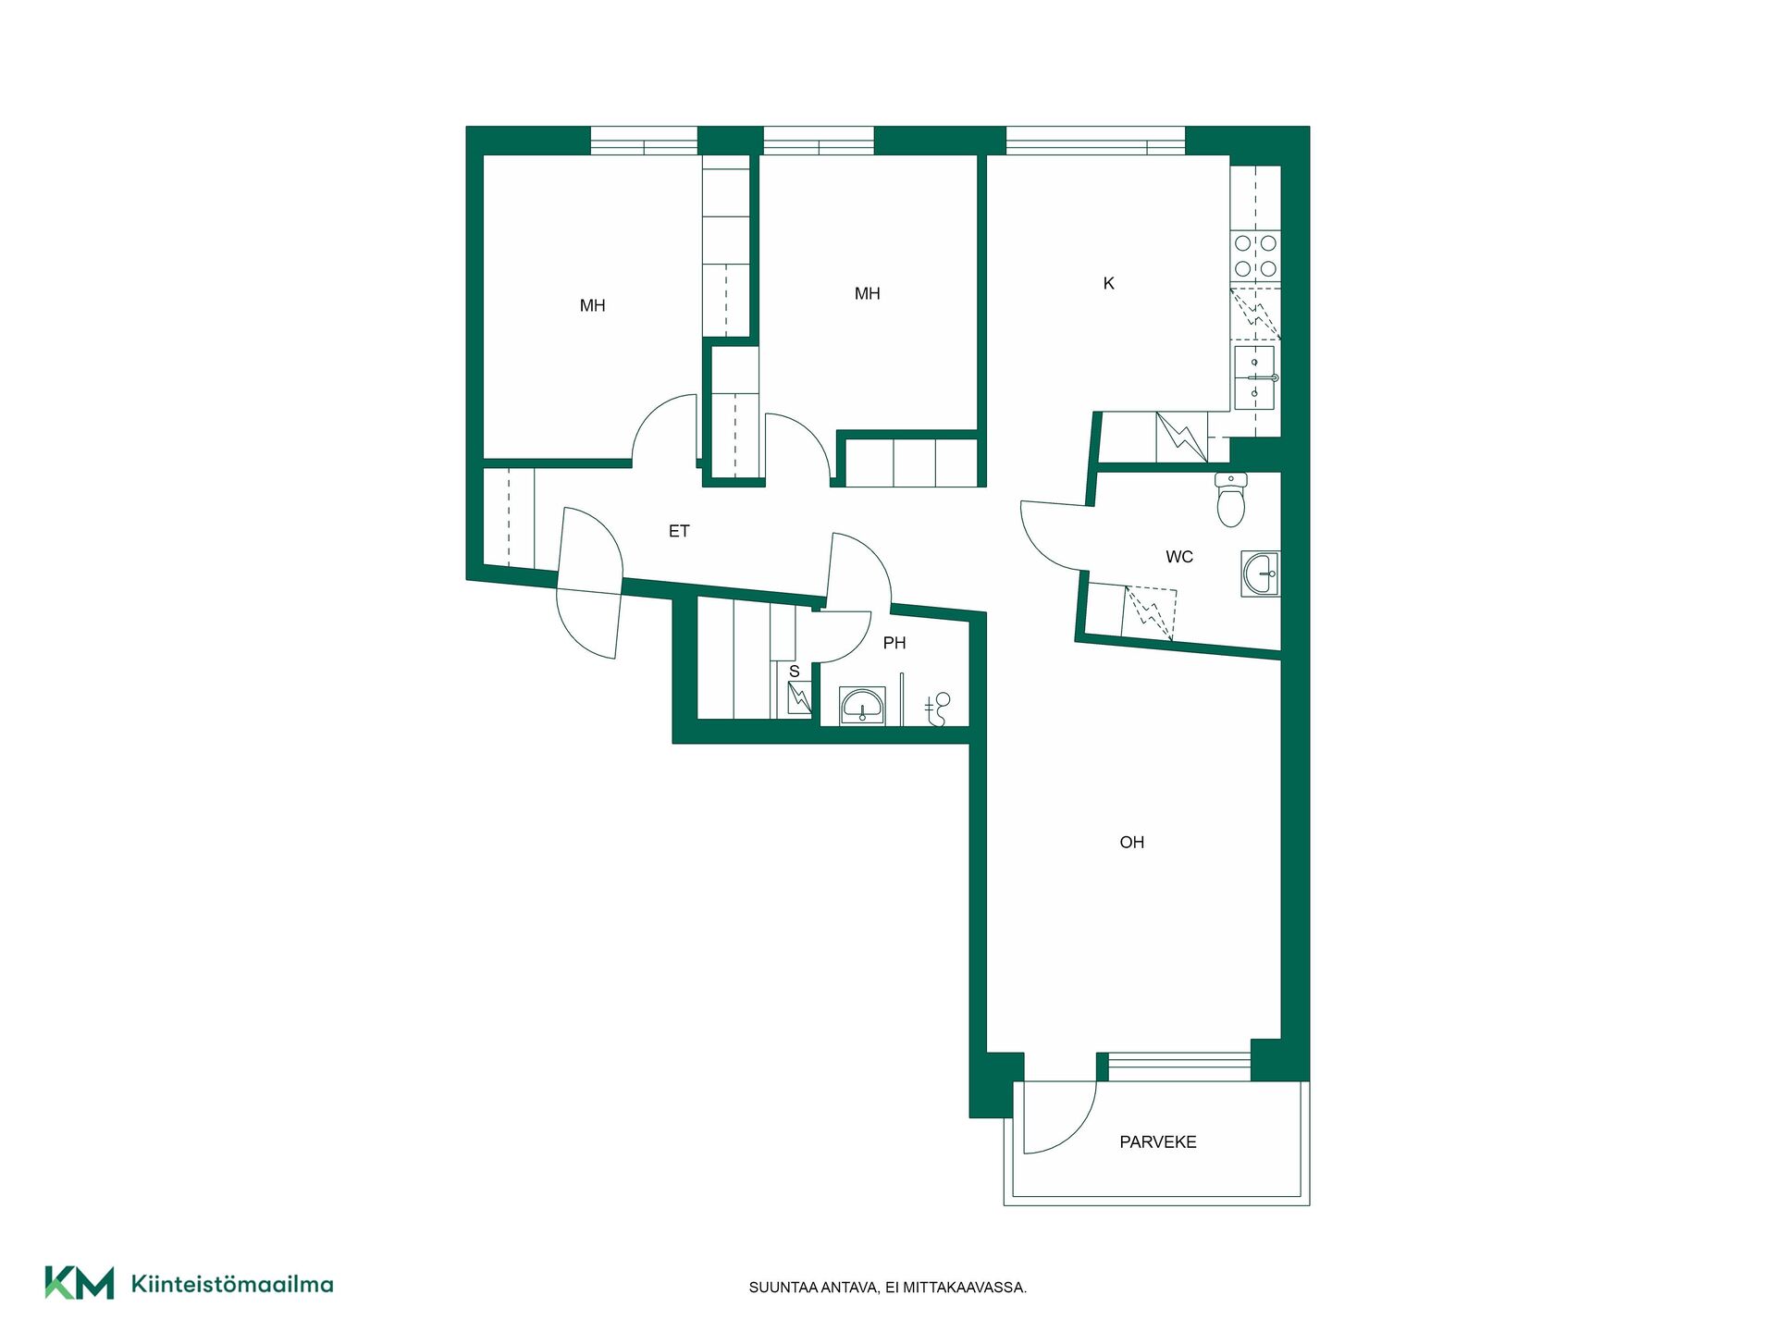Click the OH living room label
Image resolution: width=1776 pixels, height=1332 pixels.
(1131, 842)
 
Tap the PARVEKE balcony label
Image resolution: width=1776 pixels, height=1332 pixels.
(1157, 1141)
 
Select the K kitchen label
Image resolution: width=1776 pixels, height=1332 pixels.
(1108, 283)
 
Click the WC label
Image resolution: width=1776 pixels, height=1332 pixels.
(1179, 556)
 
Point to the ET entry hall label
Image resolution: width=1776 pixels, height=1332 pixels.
(679, 531)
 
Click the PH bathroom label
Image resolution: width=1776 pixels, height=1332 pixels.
(894, 643)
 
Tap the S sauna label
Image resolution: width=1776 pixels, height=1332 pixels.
(794, 672)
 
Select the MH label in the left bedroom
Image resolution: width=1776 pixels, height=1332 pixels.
(592, 305)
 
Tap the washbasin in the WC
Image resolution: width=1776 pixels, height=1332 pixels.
(1261, 573)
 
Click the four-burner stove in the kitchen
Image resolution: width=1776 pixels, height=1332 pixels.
(1255, 256)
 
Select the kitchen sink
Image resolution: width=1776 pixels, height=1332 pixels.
(1254, 377)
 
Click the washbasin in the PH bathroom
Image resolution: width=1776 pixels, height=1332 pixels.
(862, 706)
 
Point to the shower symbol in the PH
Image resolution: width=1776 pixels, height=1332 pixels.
(937, 709)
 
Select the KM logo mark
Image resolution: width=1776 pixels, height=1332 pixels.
(80, 1283)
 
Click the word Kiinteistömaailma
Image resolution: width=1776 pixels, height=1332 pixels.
(232, 1284)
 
